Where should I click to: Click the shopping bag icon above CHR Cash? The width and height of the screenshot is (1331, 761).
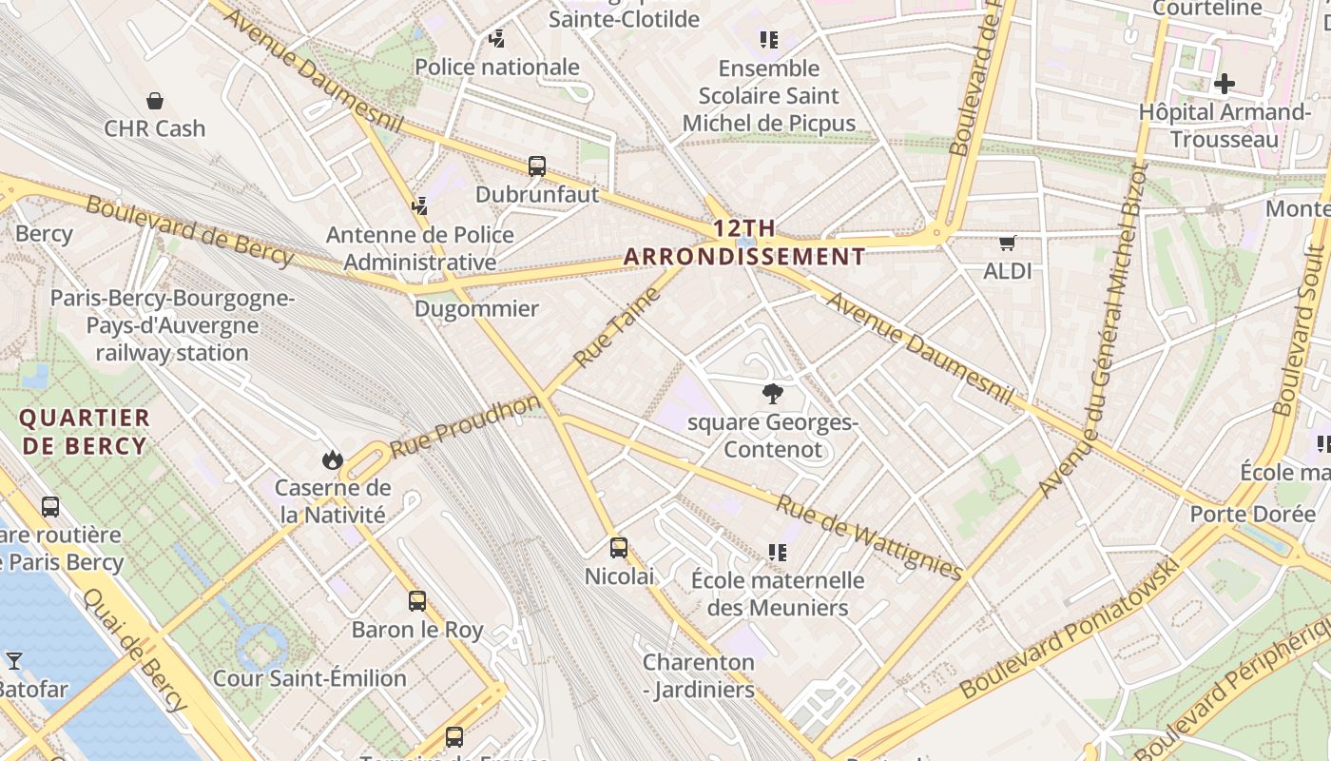pos(154,101)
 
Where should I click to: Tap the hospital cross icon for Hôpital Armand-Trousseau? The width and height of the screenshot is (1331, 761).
pos(1224,84)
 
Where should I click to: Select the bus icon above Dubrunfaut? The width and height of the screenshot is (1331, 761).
pos(537,166)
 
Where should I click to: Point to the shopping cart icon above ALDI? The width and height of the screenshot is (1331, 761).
pos(1007,244)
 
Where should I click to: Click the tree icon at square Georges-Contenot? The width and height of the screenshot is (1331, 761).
pos(773,393)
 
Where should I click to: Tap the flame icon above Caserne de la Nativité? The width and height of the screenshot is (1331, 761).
pos(332,460)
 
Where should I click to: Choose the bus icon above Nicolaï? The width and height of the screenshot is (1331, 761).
pos(619,548)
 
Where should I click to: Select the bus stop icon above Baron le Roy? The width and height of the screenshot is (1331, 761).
pos(417,601)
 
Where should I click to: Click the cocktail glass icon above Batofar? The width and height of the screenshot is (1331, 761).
pos(13,660)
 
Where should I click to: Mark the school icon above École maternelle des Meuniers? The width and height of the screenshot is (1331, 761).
pos(778,553)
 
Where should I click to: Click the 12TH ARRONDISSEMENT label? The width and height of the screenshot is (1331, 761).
pos(744,243)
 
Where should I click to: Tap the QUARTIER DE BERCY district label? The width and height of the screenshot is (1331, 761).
pos(85,432)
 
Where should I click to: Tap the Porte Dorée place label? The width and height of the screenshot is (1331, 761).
pos(1252,515)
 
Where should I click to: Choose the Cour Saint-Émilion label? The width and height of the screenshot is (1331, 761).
pos(310,678)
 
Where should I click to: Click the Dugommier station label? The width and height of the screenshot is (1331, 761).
pos(476,309)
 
